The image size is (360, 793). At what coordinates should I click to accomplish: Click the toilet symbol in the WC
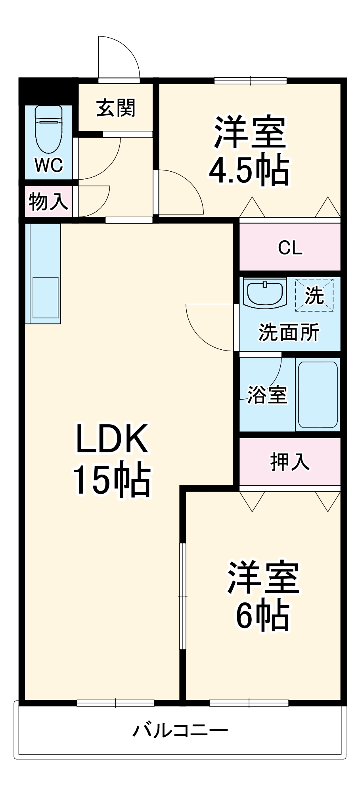(x=48, y=129)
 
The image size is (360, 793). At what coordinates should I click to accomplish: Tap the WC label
(x=49, y=165)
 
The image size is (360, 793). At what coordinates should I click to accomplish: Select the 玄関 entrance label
(x=116, y=108)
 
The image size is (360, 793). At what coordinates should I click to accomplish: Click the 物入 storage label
(x=48, y=201)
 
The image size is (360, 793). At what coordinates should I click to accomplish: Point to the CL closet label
(x=290, y=248)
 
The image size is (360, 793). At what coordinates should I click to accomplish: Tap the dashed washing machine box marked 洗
(x=314, y=295)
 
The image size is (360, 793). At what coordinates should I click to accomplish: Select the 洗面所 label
(x=289, y=332)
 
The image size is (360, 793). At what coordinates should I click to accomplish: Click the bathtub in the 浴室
(x=318, y=394)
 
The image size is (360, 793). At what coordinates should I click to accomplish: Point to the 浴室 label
(x=267, y=395)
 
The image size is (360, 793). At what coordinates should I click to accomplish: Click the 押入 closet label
(x=290, y=462)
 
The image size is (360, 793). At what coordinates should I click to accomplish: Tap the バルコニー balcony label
(x=180, y=730)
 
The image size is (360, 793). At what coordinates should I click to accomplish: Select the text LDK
(x=112, y=439)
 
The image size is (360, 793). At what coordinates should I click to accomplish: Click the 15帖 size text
(x=111, y=480)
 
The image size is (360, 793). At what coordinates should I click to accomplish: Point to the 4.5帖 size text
(x=249, y=170)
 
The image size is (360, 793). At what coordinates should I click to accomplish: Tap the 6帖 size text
(x=262, y=616)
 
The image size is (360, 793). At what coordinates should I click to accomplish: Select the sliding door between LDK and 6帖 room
(x=182, y=596)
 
